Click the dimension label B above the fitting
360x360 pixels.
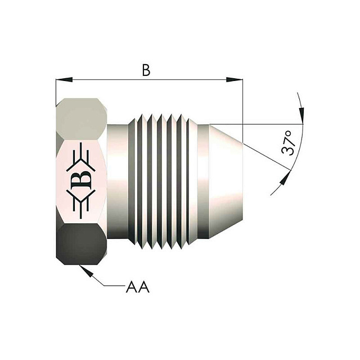point(146,70)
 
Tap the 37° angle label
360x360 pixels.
point(287,143)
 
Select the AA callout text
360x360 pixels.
point(137,287)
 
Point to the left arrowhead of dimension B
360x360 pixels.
point(64,80)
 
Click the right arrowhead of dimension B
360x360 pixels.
point(235,80)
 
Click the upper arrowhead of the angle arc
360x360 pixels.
point(301,115)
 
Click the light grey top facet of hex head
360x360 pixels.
point(82,119)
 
